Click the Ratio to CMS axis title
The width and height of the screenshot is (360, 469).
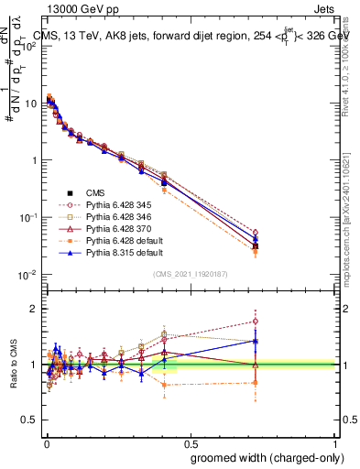point(12,365)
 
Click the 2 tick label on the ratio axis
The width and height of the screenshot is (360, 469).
point(32,309)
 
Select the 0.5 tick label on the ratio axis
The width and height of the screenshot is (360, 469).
point(28,420)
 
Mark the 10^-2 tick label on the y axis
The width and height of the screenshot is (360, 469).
point(26,274)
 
